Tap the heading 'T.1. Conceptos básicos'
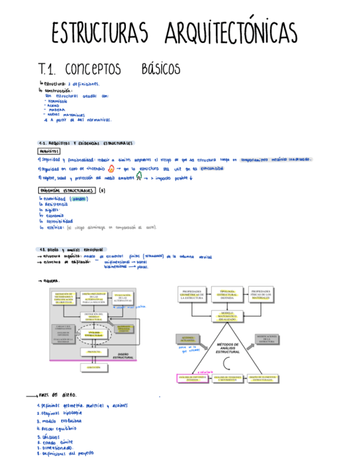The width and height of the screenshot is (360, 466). click(109, 70)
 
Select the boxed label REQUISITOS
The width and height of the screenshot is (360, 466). click(49, 151)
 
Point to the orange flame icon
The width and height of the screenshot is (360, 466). click(111, 169)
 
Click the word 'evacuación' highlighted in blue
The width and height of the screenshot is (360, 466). click(211, 169)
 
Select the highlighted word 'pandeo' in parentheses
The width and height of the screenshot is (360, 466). click(83, 198)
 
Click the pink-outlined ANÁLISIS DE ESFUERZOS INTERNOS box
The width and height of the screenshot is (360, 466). click(190, 378)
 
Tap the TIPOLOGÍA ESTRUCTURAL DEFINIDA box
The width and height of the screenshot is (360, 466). click(227, 294)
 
